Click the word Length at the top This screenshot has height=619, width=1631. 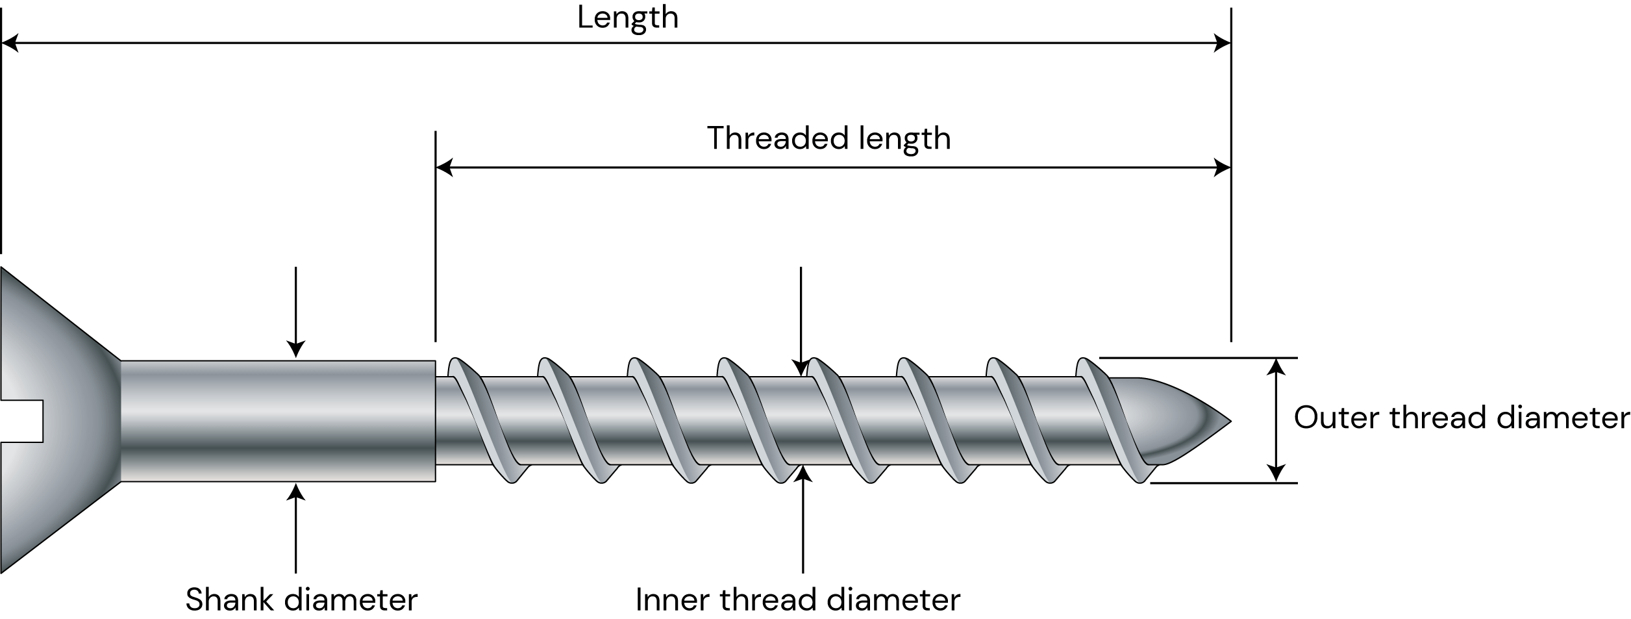(x=627, y=18)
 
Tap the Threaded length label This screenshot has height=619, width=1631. (x=828, y=139)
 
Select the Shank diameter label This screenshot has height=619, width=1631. (x=301, y=600)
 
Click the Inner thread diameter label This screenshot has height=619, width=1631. (x=798, y=600)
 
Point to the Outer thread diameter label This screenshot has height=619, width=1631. (x=1461, y=418)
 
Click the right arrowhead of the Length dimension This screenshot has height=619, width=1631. (x=1221, y=44)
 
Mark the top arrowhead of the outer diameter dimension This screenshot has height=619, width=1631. (x=1276, y=368)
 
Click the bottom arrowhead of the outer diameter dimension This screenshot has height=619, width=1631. (x=1276, y=473)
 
